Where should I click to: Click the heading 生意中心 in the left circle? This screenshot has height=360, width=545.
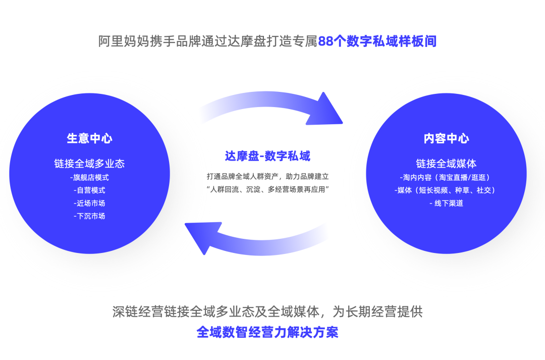point(89,138)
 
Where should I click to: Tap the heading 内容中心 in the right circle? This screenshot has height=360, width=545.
point(446,139)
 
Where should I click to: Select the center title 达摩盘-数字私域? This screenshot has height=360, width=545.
point(267,156)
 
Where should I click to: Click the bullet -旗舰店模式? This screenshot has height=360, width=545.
point(89,177)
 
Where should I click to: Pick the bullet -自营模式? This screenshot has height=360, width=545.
point(89,190)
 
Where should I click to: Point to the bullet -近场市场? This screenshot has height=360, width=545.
point(89,203)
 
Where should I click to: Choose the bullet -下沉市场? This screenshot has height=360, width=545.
point(89,216)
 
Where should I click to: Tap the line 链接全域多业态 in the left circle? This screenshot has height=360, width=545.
point(89,164)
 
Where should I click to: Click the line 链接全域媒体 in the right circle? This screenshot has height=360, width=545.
point(446,164)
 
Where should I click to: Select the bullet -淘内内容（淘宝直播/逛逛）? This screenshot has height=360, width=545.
point(446,177)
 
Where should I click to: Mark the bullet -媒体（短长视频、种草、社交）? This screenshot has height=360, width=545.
point(446,190)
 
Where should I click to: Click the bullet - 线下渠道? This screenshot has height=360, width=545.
point(446,203)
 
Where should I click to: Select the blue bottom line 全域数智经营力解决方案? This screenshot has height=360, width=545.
point(267,332)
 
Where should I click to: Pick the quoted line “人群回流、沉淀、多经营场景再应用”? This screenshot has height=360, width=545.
point(267,189)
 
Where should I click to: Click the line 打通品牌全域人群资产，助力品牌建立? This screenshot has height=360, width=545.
point(267,177)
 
